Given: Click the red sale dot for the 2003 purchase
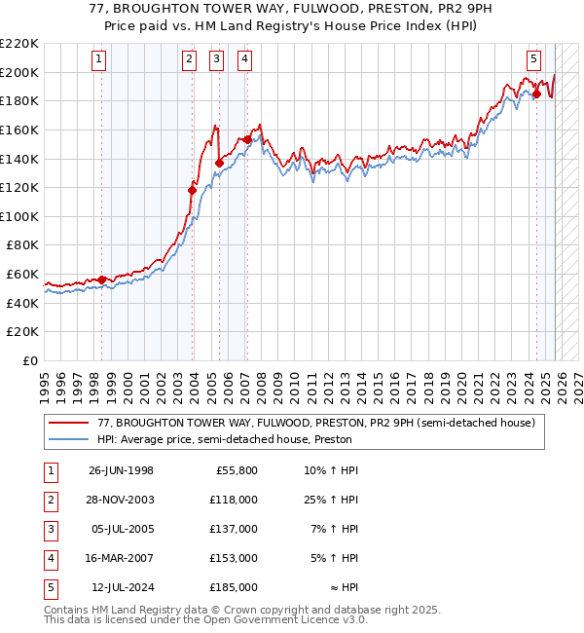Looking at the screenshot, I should pos(192,191).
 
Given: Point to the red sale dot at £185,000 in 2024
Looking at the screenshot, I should pos(536,94).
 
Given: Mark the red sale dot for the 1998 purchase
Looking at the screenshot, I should pos(101,280).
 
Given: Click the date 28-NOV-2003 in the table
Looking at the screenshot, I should pos(121,500).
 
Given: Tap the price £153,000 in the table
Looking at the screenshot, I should pos(234,558).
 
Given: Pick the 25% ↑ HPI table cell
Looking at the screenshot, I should pos(331,500).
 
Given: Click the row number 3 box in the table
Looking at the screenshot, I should pos(48,529).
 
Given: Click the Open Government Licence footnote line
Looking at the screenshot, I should pos(206,620).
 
